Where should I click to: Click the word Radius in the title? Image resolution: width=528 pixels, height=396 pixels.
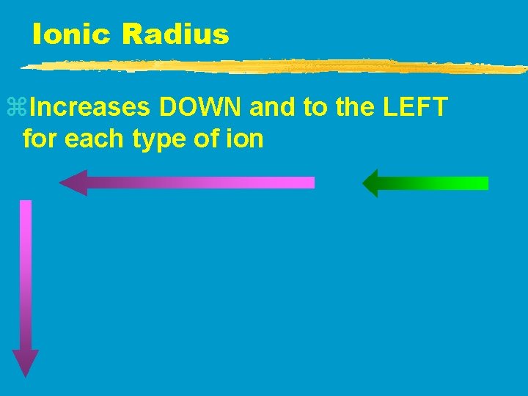(x=175, y=34)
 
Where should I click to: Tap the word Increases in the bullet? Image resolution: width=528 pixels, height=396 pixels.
(x=92, y=109)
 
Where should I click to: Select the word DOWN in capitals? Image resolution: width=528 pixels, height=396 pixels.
(x=202, y=109)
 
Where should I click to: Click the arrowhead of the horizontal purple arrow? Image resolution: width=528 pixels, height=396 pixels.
(x=73, y=183)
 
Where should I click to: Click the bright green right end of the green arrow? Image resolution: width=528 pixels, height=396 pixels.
(x=477, y=183)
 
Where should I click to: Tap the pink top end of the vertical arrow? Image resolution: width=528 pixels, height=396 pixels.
(x=26, y=209)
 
